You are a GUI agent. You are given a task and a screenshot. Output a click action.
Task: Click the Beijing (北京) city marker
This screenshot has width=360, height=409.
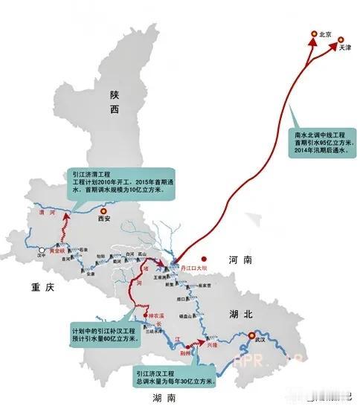[313, 35]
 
